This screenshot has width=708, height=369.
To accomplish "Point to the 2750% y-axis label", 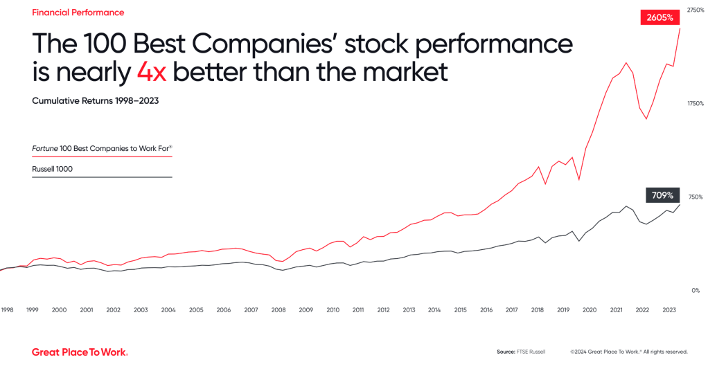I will pyautogui.click(x=695, y=10).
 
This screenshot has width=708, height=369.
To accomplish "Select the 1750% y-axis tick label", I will pyautogui.click(x=695, y=103).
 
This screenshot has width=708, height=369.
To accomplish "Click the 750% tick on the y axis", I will pyautogui.click(x=696, y=197).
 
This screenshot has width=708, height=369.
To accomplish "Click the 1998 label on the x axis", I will pyautogui.click(x=7, y=310).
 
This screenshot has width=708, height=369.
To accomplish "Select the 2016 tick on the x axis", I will pyautogui.click(x=486, y=310).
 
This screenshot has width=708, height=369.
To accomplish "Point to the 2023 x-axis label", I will pyautogui.click(x=670, y=310).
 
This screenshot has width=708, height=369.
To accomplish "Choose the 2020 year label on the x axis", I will pyautogui.click(x=590, y=310).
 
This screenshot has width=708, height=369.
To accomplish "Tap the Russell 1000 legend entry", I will pyautogui.click(x=52, y=169).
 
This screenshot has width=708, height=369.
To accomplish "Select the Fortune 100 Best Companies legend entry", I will pyautogui.click(x=101, y=148).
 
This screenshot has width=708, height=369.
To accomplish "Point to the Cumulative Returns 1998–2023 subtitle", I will pyautogui.click(x=96, y=100).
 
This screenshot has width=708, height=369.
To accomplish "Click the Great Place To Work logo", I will pyautogui.click(x=80, y=352).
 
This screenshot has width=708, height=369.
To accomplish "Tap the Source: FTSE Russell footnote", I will pyautogui.click(x=520, y=352).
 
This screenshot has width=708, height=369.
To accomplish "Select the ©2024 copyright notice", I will pyautogui.click(x=628, y=352).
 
